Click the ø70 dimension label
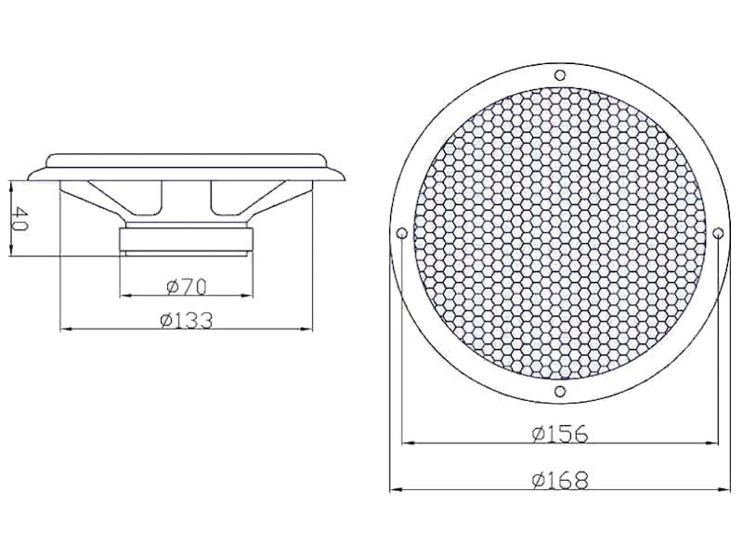point(186,285)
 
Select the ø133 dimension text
point(186,320)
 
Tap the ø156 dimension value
point(560,434)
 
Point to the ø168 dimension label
point(561,479)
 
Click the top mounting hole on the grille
point(559,74)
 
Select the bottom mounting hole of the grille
point(559,394)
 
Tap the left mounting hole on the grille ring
point(400,233)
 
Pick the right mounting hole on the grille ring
point(718,233)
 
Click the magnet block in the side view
point(186,240)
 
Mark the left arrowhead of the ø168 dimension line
point(394,488)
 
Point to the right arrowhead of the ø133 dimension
point(311,330)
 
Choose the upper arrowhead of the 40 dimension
point(10,182)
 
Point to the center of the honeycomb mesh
point(559,233)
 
